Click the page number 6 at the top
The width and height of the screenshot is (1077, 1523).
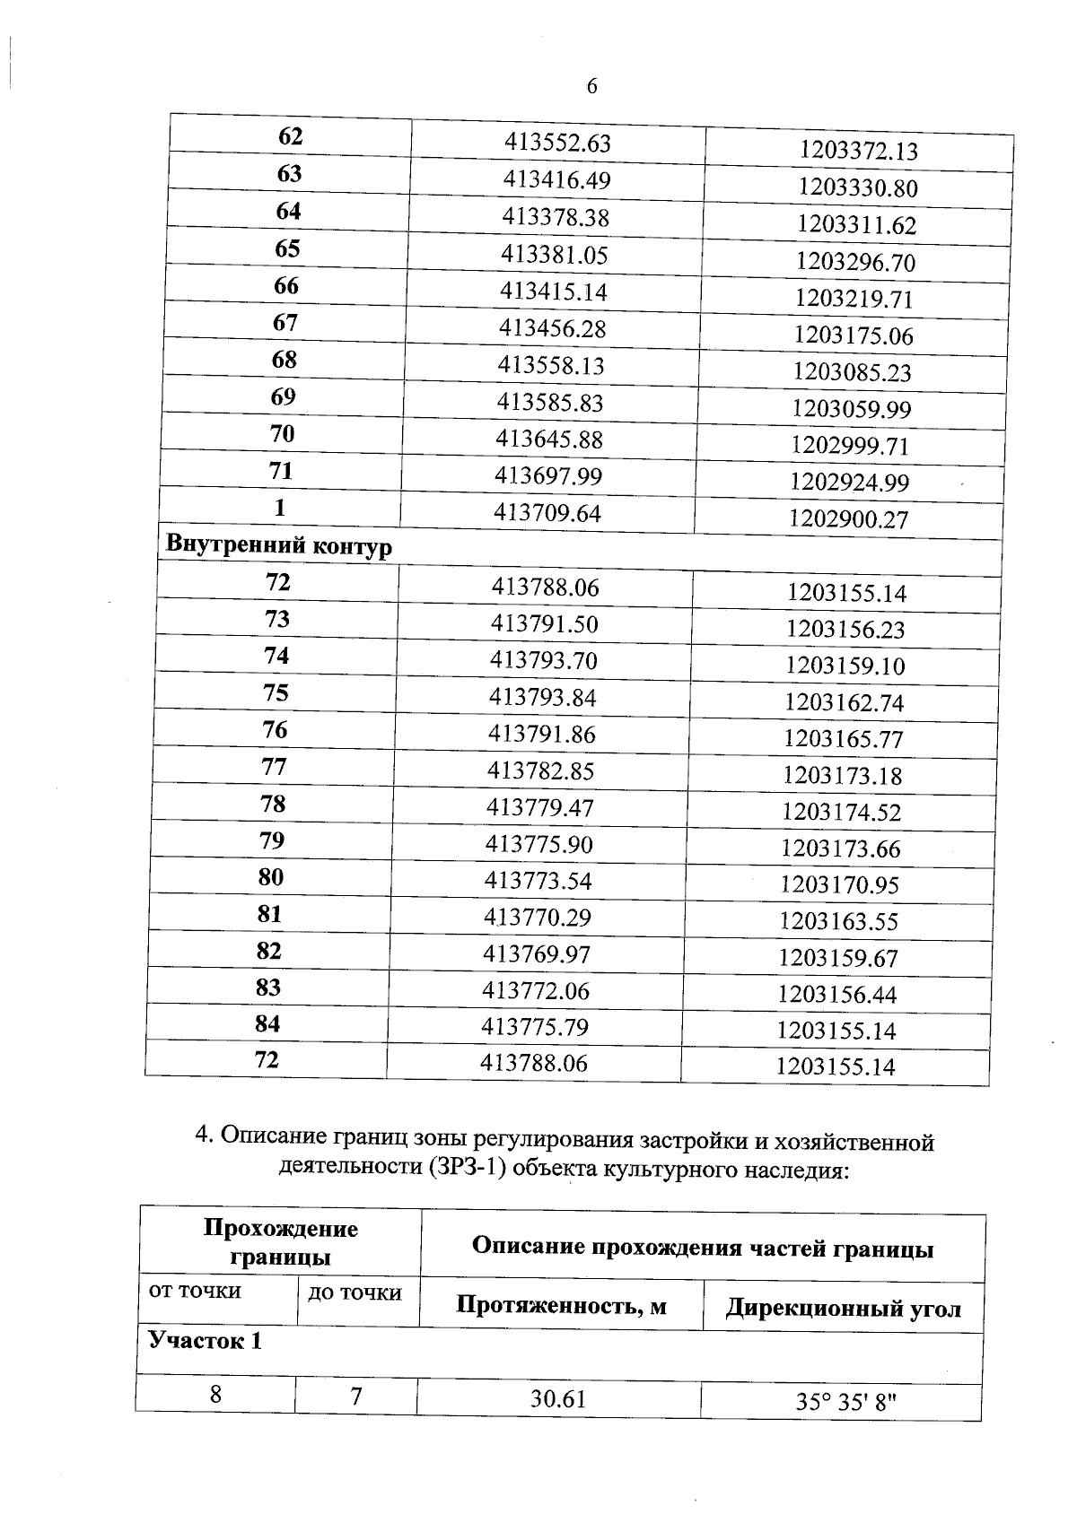point(591,87)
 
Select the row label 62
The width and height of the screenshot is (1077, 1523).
point(291,136)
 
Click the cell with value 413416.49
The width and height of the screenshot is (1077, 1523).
point(556,180)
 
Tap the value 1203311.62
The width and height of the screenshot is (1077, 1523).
point(857,225)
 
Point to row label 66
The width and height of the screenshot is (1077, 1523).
point(286,285)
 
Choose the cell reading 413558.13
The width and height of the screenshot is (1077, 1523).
point(551,366)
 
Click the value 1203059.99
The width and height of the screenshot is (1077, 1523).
point(851,409)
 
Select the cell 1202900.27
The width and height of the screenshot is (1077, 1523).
point(848,518)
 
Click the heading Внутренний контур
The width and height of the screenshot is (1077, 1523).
point(279,545)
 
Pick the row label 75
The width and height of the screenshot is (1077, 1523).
point(276,692)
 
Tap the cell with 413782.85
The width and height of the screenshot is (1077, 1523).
point(540,771)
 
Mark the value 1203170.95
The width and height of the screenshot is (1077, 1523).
point(839,885)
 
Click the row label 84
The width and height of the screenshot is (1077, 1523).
point(267,1023)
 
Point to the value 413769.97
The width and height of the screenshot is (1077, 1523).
point(537,954)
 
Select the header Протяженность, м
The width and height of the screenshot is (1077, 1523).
point(561,1305)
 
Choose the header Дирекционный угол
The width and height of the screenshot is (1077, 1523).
point(843,1309)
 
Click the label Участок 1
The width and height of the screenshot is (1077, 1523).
point(205,1342)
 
